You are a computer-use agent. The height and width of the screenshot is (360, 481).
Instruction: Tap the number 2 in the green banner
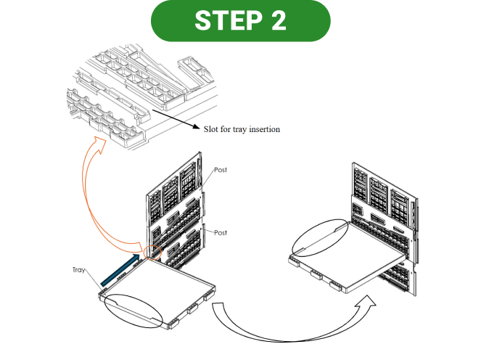point(276,20)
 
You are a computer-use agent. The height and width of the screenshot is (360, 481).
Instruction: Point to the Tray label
point(81,269)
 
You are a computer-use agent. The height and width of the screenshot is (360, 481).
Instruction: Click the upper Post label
point(221,170)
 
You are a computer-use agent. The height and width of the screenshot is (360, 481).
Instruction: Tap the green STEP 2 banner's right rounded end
point(320,20)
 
